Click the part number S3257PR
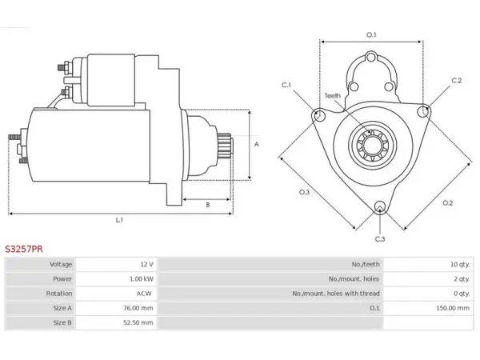pos(24,249)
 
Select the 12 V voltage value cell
pos(147,265)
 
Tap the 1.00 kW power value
pos(142,279)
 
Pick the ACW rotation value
pos(144,294)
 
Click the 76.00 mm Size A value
pos(138,308)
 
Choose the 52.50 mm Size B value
pos(138,322)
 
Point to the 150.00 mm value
pos(453,308)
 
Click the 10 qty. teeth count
pos(460,265)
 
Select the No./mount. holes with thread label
pos(336,294)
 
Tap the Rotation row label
pos(59,294)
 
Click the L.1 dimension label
pos(119,220)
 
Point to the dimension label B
pos(208,205)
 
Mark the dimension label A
pos(257,144)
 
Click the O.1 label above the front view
pos(371,35)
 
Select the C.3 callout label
pos(380,238)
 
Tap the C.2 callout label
pos(457,81)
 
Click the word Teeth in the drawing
pos(333,96)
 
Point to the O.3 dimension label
pos(304,192)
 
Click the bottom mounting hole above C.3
pos(380,206)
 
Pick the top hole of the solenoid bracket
pos(371,57)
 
